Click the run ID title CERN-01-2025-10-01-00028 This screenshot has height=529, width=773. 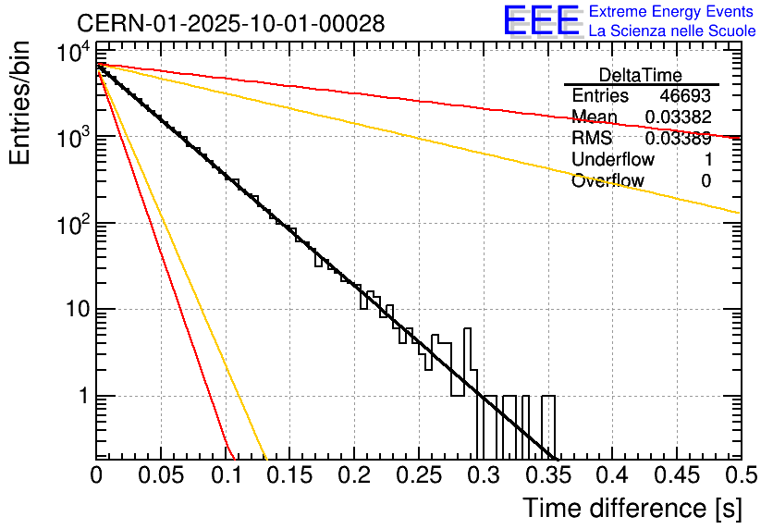click(x=231, y=23)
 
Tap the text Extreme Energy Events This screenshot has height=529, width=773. click(x=672, y=12)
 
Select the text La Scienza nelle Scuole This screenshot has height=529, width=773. click(x=672, y=31)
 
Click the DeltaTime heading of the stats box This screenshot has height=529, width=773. click(x=640, y=75)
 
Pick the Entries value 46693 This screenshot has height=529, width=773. click(x=685, y=96)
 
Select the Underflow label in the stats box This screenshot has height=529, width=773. click(x=613, y=160)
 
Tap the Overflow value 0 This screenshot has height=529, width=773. click(x=706, y=181)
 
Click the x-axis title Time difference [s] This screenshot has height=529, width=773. click(x=631, y=508)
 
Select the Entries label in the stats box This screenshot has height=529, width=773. click(x=600, y=96)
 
